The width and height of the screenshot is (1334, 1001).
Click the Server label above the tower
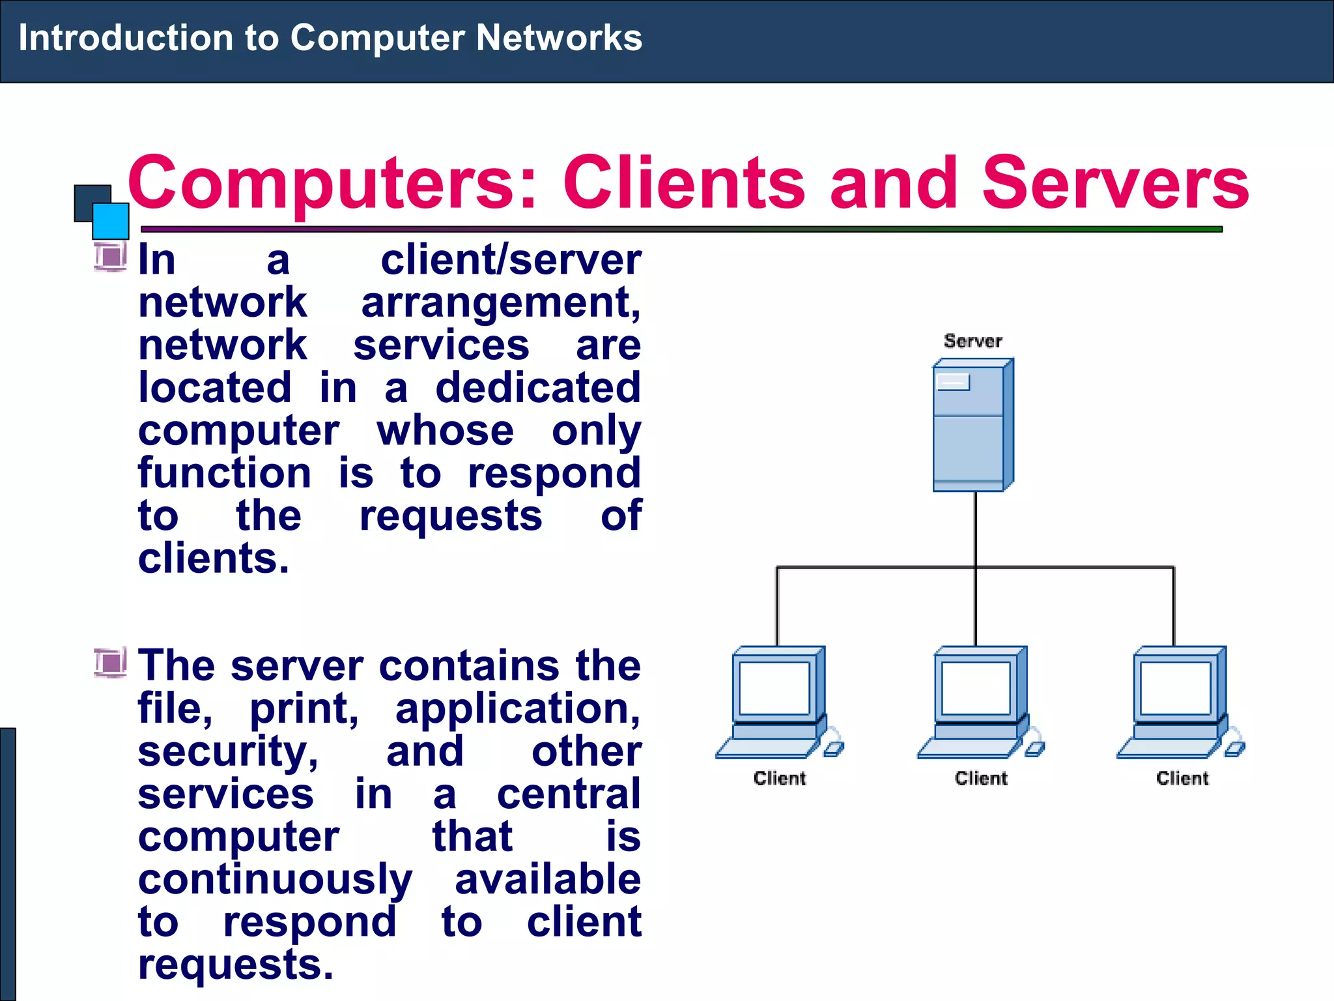972,341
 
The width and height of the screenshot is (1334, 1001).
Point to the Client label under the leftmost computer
779,778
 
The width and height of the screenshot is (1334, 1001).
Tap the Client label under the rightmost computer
1182,778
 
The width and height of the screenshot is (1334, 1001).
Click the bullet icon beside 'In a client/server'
110,256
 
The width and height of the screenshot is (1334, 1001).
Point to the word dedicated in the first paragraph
538,388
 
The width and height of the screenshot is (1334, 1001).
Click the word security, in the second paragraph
228,751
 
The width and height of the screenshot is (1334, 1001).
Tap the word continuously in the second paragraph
275,880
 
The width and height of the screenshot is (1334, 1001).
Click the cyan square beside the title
110,221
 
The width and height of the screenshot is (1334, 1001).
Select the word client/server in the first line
511,260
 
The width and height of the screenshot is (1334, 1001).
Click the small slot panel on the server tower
953,382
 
